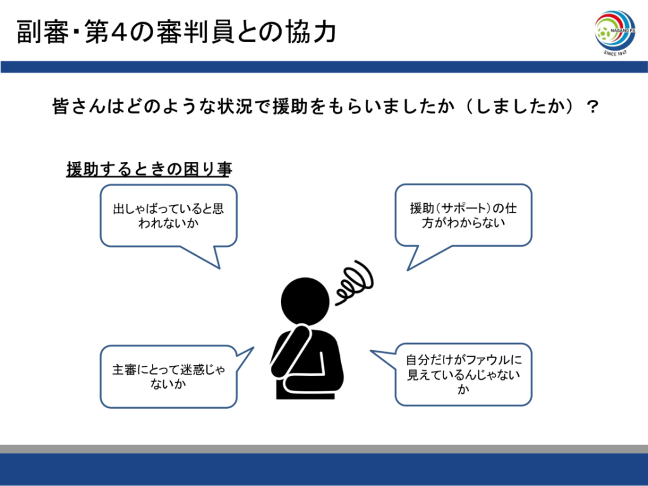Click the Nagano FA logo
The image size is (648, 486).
[614, 33]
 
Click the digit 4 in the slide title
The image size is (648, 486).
[119, 32]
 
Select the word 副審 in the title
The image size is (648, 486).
[43, 32]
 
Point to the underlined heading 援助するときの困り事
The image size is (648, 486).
[149, 169]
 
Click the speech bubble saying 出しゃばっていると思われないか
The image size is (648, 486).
[168, 216]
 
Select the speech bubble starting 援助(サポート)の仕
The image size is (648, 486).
[463, 215]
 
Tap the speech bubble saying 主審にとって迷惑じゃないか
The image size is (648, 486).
[168, 377]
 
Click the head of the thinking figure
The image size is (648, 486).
[305, 301]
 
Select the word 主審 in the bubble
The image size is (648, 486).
[125, 370]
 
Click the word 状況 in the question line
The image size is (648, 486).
[244, 107]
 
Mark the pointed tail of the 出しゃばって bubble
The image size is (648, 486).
[219, 268]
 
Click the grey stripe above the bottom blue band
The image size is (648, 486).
[324, 449]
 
